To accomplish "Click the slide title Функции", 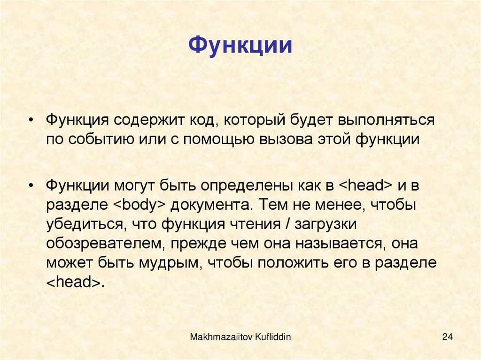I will pos(240,47).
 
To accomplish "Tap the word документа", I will pos(209,205).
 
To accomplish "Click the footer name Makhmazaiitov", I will pos(217,337).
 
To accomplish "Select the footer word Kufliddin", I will pos(269,337).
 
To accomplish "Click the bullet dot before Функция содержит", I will pos(31,121).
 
